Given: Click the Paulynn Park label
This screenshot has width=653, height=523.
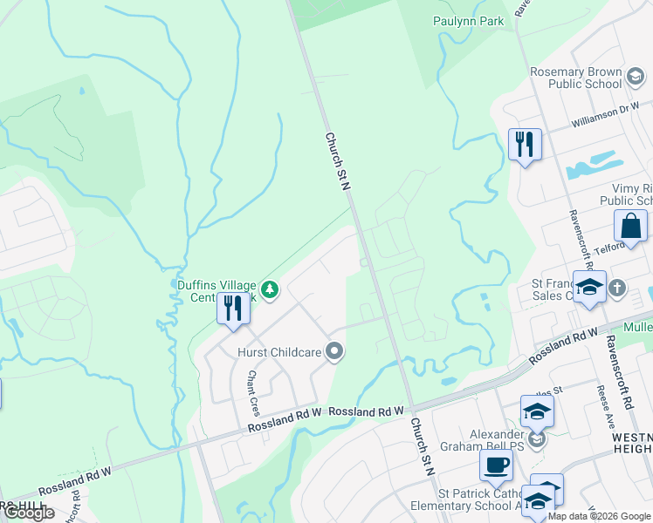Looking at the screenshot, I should (468, 21).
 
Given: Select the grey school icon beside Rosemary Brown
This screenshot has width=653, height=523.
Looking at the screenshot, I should (636, 78).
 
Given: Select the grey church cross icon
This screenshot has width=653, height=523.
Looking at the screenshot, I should (617, 287).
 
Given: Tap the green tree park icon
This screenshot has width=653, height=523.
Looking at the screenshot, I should (270, 289).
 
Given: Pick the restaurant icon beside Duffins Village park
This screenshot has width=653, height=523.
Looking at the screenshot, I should (233, 310).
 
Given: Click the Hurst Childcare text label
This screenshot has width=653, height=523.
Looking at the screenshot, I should (278, 352).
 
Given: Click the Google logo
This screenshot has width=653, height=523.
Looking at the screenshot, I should (29, 513).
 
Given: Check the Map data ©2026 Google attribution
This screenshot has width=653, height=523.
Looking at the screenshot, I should (599, 516).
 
